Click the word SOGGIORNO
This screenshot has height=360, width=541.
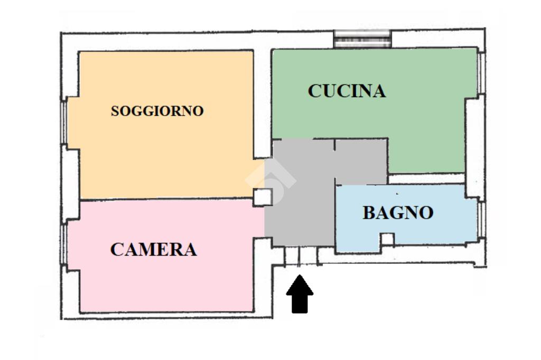pyautogui.click(x=157, y=111)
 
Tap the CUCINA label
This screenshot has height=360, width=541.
pyautogui.click(x=347, y=91)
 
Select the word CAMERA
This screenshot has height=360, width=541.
pyautogui.click(x=153, y=249)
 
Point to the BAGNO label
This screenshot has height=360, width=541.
pyautogui.click(x=398, y=213)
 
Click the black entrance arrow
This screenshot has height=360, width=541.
pyautogui.click(x=300, y=295)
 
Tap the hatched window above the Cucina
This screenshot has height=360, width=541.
pyautogui.click(x=363, y=39)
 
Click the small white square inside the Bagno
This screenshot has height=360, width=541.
pyautogui.click(x=387, y=239)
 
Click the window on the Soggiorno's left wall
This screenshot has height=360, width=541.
pyautogui.click(x=64, y=122)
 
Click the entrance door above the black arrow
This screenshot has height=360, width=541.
pyautogui.click(x=300, y=257)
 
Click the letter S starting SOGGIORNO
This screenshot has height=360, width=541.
pyautogui.click(x=115, y=112)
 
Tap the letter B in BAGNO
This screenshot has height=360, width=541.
pyautogui.click(x=369, y=213)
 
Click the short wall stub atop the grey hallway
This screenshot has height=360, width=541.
pyautogui.click(x=334, y=147)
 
